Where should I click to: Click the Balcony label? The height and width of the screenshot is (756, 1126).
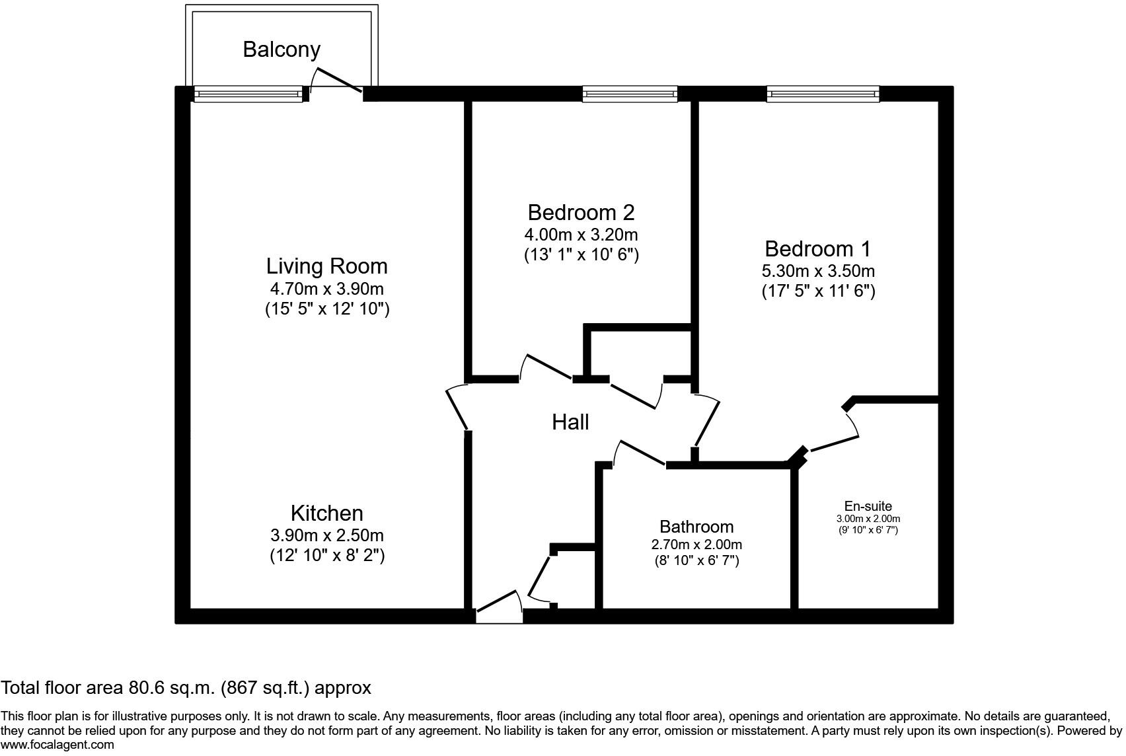pyautogui.click(x=281, y=50)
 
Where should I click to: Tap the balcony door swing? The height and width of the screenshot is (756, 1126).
pyautogui.click(x=337, y=79)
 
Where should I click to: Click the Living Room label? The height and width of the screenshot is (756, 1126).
pyautogui.click(x=326, y=266)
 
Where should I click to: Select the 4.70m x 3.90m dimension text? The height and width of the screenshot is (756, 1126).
pyautogui.click(x=326, y=289)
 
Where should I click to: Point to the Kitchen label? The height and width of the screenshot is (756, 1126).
pyautogui.click(x=326, y=513)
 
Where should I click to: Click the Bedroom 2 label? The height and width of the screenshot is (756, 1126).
pyautogui.click(x=581, y=213)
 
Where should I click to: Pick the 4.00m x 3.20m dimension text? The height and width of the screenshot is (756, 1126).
pyautogui.click(x=581, y=235)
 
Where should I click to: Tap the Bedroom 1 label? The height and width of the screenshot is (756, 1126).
pyautogui.click(x=817, y=249)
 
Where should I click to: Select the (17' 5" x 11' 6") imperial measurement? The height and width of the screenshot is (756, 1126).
pyautogui.click(x=818, y=291)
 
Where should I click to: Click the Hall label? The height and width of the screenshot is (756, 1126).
pyautogui.click(x=570, y=422)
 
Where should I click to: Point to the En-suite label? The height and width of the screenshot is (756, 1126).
pyautogui.click(x=868, y=506)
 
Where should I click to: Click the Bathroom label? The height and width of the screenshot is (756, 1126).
pyautogui.click(x=696, y=527)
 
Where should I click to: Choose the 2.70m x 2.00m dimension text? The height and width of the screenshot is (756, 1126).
pyautogui.click(x=696, y=545)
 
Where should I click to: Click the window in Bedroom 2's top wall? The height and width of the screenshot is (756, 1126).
pyautogui.click(x=630, y=94)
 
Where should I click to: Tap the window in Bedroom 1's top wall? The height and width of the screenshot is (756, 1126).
pyautogui.click(x=823, y=94)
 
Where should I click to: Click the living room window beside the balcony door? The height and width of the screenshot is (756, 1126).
pyautogui.click(x=248, y=95)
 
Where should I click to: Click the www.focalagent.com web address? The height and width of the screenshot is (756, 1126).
pyautogui.click(x=57, y=745)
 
